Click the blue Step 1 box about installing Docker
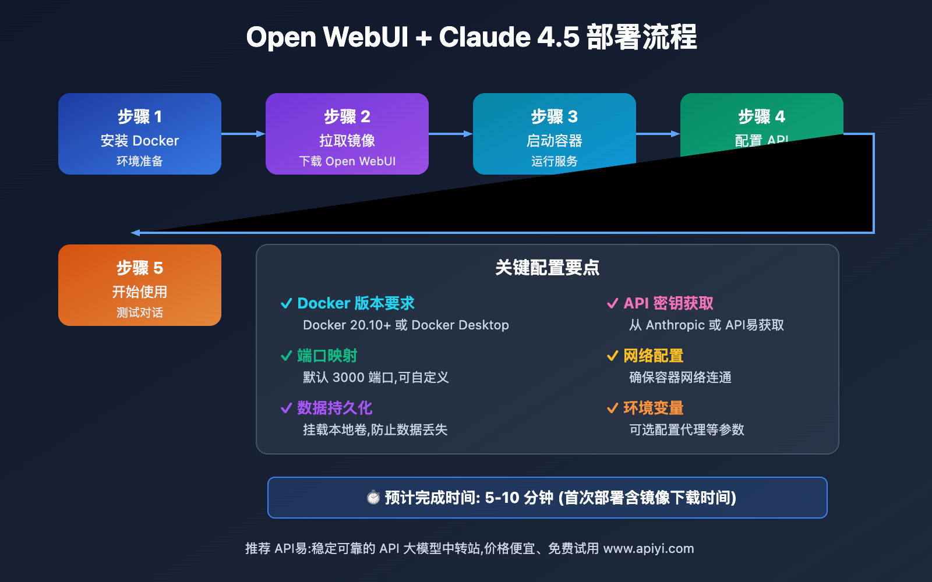[140, 134]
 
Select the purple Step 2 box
[347, 134]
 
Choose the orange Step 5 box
[140, 285]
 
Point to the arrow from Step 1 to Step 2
[243, 134]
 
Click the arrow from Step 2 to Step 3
[450, 134]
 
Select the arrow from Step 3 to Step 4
[658, 134]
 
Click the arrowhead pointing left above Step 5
[136, 233]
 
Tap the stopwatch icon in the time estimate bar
[373, 498]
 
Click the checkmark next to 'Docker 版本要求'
[286, 303]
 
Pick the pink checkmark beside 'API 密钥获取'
[612, 303]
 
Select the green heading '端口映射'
[327, 356]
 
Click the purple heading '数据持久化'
[334, 408]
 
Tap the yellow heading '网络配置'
[653, 356]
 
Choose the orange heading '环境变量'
[653, 408]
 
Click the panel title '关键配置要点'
[547, 268]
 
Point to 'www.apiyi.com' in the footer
[648, 548]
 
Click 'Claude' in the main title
[485, 37]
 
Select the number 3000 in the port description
[348, 377]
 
